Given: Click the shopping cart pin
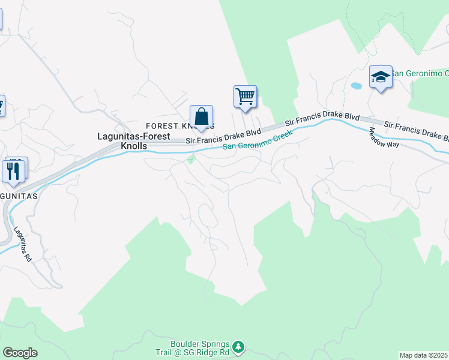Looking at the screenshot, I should [245, 96].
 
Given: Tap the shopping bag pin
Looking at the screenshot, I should [202, 116].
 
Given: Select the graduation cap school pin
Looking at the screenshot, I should [381, 77].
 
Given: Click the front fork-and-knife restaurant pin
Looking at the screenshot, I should [13, 171].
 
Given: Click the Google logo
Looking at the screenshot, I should [20, 353].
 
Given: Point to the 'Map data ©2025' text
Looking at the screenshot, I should [424, 355].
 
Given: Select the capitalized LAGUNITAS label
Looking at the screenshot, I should [19, 196].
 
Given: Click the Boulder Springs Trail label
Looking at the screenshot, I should [200, 349].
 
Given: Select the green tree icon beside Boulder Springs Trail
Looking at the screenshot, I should [239, 346].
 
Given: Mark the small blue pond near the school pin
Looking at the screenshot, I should [357, 86].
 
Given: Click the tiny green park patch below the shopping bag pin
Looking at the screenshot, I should [191, 159].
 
